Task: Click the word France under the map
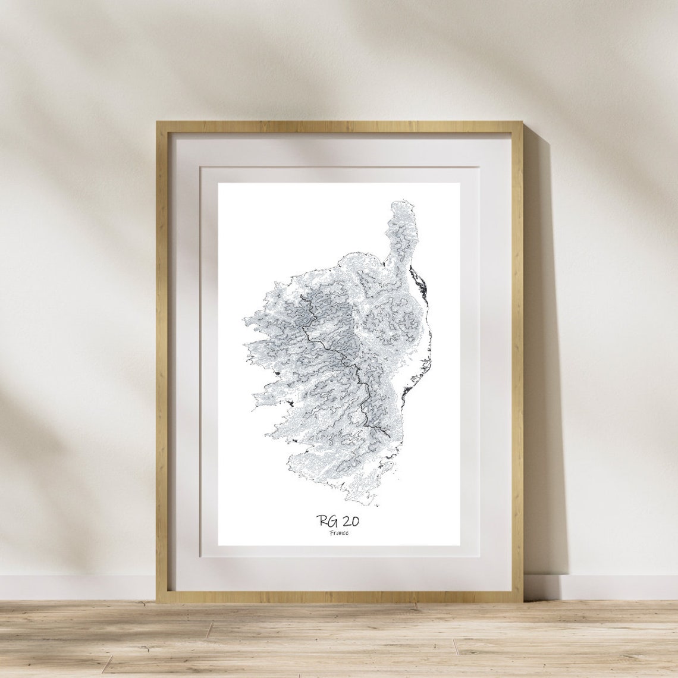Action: [x=339, y=533]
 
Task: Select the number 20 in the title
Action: [x=351, y=522]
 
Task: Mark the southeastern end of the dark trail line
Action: [x=390, y=437]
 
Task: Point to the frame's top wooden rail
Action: [x=339, y=127]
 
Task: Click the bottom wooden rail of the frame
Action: [x=339, y=597]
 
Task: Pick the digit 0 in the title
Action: [x=355, y=522]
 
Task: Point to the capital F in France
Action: [x=331, y=533]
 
